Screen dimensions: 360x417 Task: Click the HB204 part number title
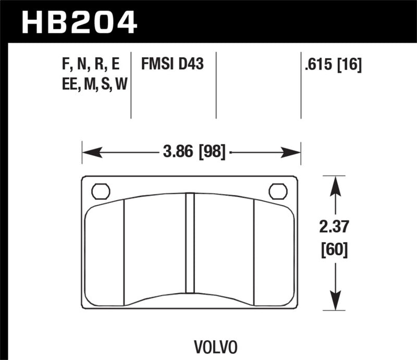tap(78, 21)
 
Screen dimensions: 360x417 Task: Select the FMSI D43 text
tap(172, 65)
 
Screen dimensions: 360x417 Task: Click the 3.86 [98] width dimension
tap(193, 153)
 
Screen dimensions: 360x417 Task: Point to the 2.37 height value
tap(336, 228)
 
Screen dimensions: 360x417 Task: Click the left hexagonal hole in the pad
tap(100, 191)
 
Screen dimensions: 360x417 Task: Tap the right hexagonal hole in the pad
tap(278, 191)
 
